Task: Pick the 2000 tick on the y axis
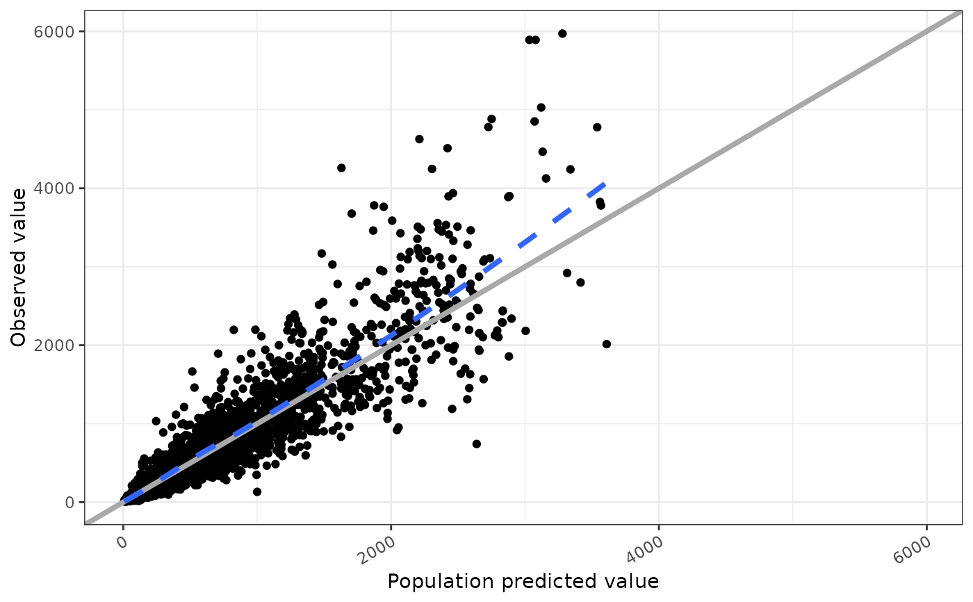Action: (x=60, y=345)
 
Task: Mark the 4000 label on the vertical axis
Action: (x=60, y=188)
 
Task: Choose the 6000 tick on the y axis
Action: (x=60, y=31)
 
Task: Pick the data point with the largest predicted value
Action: (x=607, y=344)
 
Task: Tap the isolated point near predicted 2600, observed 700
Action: (x=476, y=444)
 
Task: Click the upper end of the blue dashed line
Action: (x=606, y=184)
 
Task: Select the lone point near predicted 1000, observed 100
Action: (x=257, y=491)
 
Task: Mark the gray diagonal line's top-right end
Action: (x=961, y=12)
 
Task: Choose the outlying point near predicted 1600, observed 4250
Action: (x=341, y=168)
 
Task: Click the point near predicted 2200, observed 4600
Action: (x=419, y=139)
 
